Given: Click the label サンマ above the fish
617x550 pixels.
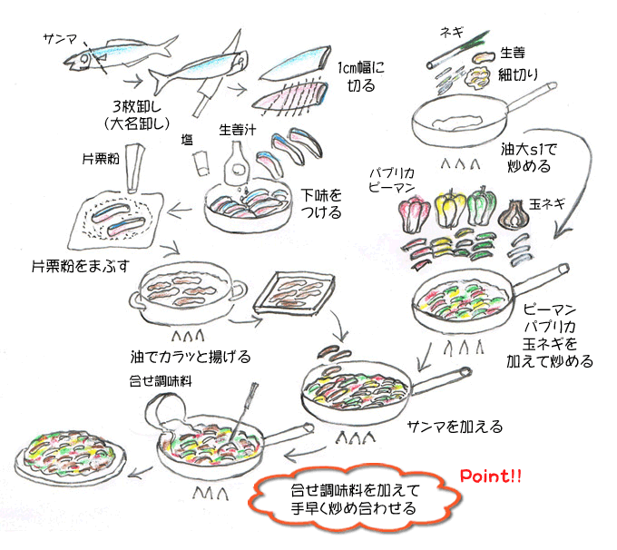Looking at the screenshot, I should [x=61, y=38].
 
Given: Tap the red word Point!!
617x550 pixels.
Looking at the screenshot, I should [x=491, y=475].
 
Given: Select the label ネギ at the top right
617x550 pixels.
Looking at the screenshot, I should [x=453, y=31].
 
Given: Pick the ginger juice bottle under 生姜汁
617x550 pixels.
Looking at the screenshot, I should [x=235, y=170].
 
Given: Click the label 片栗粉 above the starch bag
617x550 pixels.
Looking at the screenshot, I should [x=100, y=158].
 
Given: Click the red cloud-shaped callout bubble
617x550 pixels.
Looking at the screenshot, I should [x=353, y=498].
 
